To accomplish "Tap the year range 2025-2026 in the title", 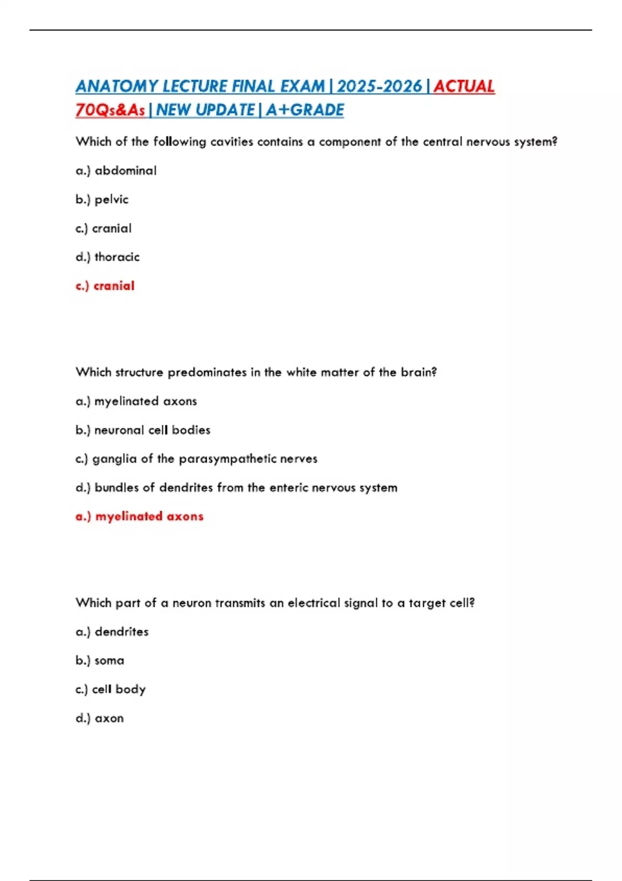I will pos(379,86).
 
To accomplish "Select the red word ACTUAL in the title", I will pos(464,86).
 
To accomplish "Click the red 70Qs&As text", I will pos(110,110).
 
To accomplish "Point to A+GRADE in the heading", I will pos(305,110).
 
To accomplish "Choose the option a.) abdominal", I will pos(116,170).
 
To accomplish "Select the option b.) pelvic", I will pos(102,200).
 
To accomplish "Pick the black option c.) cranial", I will pos(104,229).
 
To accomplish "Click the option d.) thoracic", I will pos(108,257).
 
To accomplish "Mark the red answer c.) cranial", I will pos(105,286).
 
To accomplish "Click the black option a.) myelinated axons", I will pos(136,401).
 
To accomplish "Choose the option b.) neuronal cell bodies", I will pos(143,430).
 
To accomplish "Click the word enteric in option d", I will pos(291,488).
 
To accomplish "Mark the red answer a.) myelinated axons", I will pos(139,516).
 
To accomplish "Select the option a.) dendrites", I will pos(112,632).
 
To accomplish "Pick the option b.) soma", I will pos(100,661).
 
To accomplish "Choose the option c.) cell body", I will pos(111,689).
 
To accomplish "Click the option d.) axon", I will pos(100,718).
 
